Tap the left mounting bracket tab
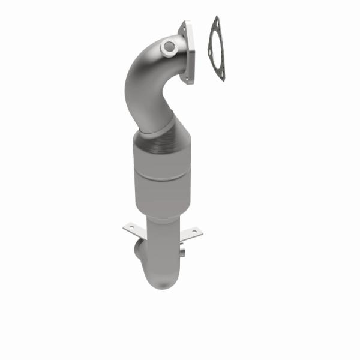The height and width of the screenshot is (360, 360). (133, 228)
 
